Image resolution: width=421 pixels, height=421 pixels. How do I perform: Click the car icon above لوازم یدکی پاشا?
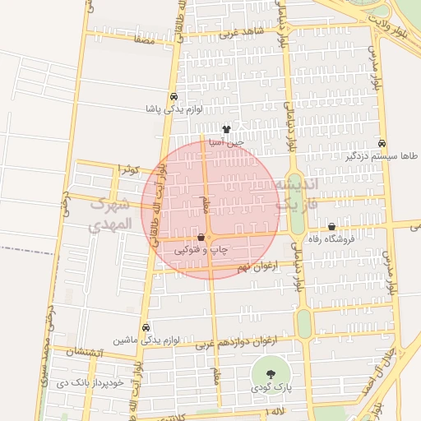point(173,96)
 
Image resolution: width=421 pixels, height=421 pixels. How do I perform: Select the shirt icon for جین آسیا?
point(226,129)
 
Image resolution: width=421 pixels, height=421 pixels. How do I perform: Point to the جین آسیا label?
point(226,142)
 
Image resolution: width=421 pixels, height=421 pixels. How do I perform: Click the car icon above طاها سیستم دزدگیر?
point(381,142)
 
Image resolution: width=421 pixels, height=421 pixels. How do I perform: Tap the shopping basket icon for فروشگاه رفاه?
point(331,227)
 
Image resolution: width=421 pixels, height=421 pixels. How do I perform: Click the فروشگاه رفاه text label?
point(331,239)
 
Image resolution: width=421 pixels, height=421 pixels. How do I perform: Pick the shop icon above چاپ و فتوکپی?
point(201,237)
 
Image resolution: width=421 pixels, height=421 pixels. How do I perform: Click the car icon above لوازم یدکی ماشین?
point(146,327)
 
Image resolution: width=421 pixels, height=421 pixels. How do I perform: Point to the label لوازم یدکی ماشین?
point(134,340)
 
